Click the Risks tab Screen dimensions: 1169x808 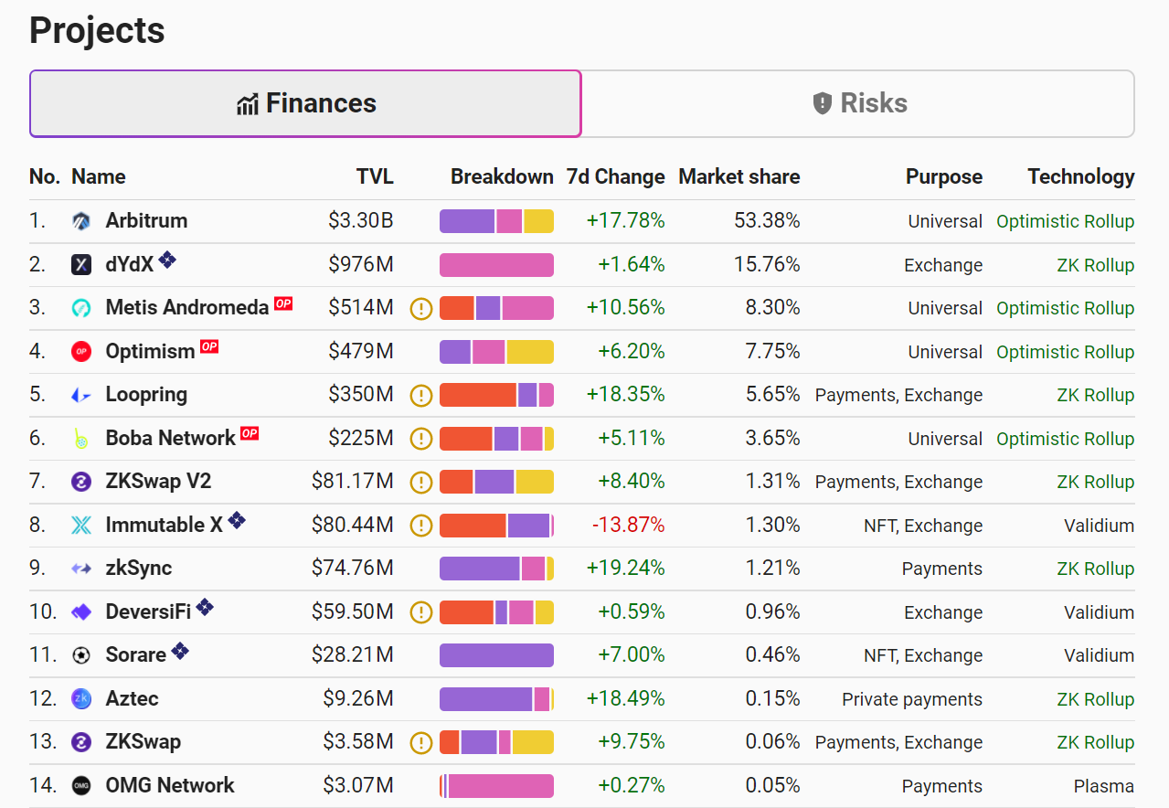[x=858, y=103]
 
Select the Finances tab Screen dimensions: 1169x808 [x=305, y=103]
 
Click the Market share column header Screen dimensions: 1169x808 [x=739, y=176]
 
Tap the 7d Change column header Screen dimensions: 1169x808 [x=615, y=176]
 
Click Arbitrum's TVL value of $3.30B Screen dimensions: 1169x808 [x=361, y=220]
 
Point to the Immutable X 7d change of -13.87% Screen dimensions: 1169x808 [x=628, y=525]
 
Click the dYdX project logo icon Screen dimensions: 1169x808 [x=81, y=264]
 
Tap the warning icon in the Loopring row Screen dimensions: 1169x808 [x=421, y=395]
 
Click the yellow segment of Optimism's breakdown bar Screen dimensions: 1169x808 [x=530, y=352]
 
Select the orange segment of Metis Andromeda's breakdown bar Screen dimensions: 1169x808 [x=457, y=308]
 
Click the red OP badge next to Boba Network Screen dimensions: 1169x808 [x=250, y=433]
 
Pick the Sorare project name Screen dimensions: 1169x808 [x=135, y=654]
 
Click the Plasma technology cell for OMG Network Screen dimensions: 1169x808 [x=1104, y=785]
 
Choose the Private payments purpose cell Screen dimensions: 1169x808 [x=912, y=699]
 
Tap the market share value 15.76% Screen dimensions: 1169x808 [x=767, y=264]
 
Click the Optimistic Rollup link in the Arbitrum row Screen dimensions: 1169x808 [x=1065, y=221]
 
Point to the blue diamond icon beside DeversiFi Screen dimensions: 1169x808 [x=205, y=607]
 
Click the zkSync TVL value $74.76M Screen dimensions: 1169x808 [x=352, y=568]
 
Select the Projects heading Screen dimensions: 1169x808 [x=97, y=30]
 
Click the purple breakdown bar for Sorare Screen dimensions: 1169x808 [x=496, y=655]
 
